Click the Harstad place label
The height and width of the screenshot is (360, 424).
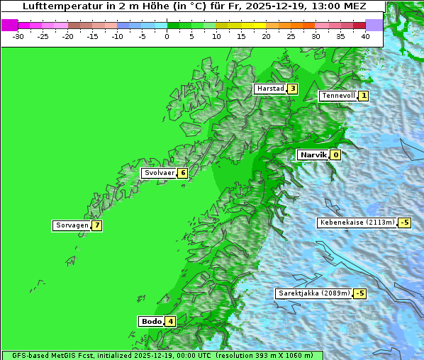point(270,89)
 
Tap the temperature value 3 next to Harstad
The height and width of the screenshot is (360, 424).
point(292,89)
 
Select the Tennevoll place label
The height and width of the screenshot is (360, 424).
point(337,96)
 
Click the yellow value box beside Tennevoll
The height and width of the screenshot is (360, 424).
point(364,96)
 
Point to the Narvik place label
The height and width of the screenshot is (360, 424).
point(313,154)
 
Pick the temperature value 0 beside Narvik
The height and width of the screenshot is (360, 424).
point(335,154)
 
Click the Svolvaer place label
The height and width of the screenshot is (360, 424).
point(159,173)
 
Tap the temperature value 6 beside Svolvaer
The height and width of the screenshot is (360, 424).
point(182,173)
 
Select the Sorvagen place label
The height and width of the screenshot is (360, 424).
point(72,225)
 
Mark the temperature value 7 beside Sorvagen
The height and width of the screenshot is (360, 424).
point(96,225)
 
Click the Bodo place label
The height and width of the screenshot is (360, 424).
point(152,321)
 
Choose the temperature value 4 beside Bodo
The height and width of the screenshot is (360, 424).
point(171,321)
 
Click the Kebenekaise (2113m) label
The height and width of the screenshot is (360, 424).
point(357,223)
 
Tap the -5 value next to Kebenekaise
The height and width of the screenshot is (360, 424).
point(404,223)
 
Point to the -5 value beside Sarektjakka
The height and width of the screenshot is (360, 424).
point(359,293)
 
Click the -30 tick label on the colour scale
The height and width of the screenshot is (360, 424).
point(18,36)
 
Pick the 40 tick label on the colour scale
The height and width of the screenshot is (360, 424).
point(365,36)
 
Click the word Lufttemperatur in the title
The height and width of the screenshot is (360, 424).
point(60,6)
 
